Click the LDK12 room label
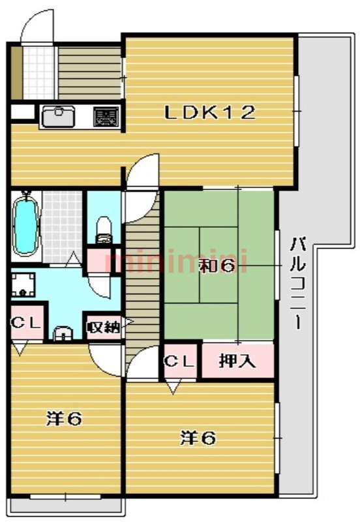tap(210, 112)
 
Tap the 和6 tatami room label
tap(217, 266)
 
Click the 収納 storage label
tap(104, 328)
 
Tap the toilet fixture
tap(104, 230)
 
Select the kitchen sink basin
tap(59, 117)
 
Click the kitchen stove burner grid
tap(106, 117)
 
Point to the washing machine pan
tap(23, 284)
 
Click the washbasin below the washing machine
tap(63, 333)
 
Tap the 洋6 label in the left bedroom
tap(64, 418)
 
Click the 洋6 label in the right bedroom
tap(198, 438)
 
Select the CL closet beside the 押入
tap(180, 361)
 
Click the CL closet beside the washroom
tap(27, 322)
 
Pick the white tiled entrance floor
tap(38, 73)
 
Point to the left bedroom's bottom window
tap(65, 497)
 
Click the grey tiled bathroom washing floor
tap(62, 227)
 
